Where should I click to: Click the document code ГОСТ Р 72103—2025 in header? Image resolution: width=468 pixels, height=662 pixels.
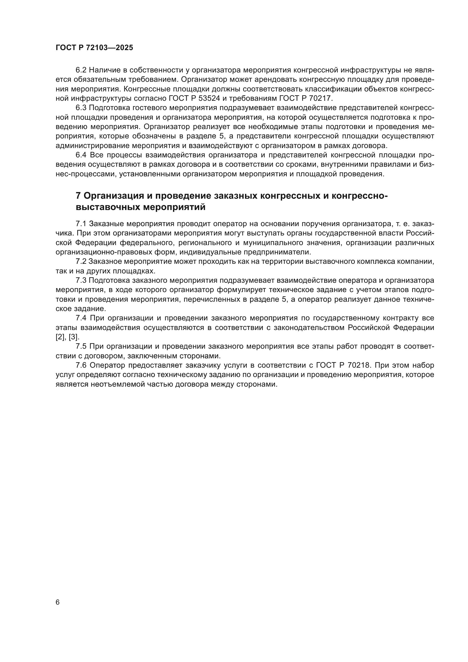(x=94, y=48)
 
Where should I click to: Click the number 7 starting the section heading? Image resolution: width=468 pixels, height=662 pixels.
(x=78, y=196)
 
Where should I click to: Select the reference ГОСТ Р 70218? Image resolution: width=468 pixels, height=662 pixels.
(x=343, y=365)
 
